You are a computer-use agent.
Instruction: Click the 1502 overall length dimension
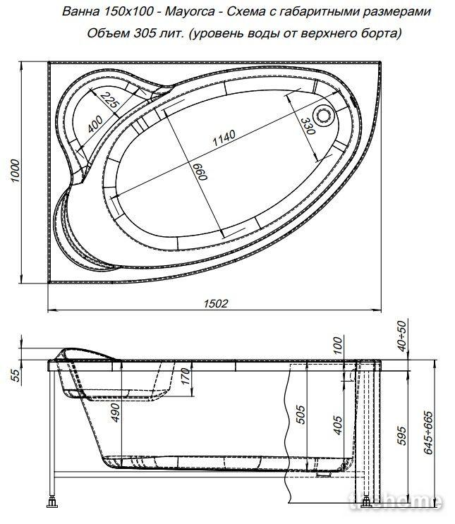coord(216,303)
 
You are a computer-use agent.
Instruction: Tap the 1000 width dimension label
coord(16,171)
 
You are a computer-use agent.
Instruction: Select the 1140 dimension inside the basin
coord(224,138)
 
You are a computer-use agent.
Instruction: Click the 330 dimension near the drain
coord(308,126)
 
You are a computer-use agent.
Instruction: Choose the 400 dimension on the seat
coord(95,124)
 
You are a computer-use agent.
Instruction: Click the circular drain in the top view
coord(323,115)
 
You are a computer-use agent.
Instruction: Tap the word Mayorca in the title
coord(190,12)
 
